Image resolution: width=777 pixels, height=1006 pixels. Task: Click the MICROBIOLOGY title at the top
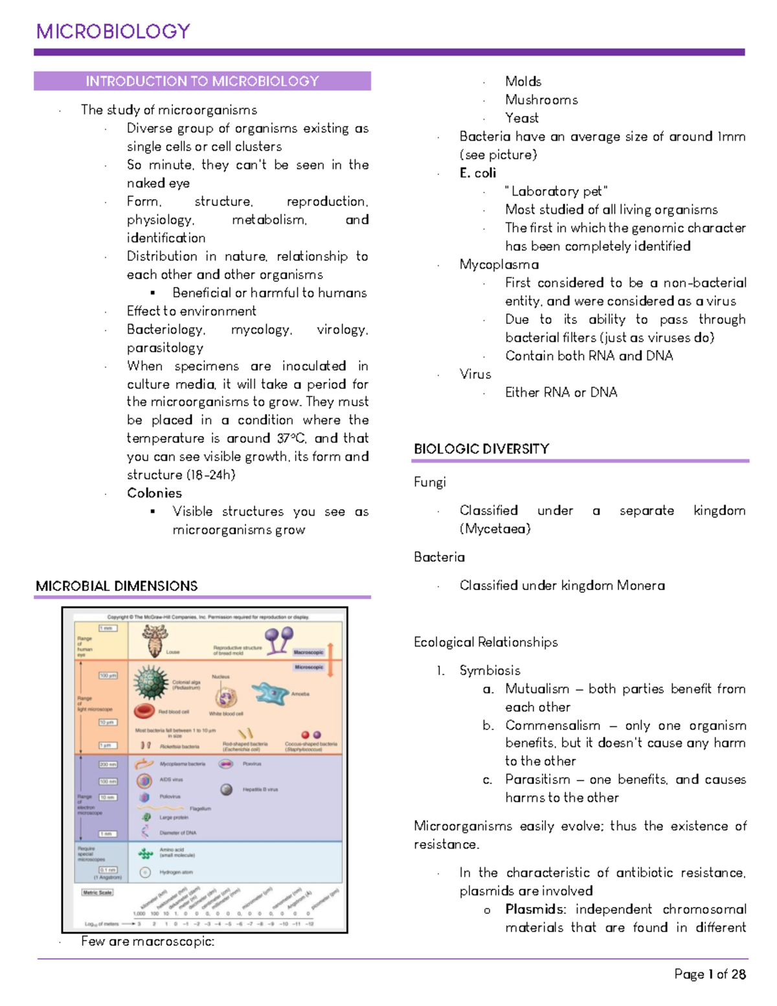pos(113,31)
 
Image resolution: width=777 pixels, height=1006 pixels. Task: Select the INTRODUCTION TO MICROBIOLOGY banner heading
pos(202,81)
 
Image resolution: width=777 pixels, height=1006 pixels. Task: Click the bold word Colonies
pos(154,493)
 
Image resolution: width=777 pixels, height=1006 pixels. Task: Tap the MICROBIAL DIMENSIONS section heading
pos(117,586)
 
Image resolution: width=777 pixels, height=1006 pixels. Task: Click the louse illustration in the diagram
pos(155,640)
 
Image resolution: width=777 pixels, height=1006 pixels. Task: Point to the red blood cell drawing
pos(144,711)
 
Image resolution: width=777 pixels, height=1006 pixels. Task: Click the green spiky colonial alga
pos(151,682)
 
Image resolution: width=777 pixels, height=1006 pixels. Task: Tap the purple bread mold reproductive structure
pos(278,639)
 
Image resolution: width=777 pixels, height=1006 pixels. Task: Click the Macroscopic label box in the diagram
pos(308,652)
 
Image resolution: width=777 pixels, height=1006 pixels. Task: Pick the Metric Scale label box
pos(97,892)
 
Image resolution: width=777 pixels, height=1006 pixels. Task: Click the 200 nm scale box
pos(107,764)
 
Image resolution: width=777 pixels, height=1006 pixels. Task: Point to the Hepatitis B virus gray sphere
pos(227,789)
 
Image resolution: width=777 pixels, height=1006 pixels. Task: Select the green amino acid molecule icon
pos(146,854)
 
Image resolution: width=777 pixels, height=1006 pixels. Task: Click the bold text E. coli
pos(478,173)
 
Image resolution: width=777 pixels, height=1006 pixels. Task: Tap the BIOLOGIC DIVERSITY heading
pos(481,449)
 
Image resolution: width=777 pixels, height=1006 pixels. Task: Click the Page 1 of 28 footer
pos(710,974)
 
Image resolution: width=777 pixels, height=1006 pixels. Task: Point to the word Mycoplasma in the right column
pos(499,264)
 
